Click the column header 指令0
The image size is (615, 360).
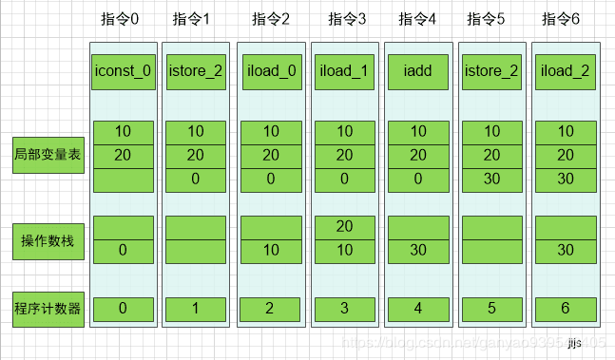(x=123, y=19)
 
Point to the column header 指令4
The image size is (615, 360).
(x=418, y=19)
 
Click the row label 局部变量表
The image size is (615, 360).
(x=47, y=153)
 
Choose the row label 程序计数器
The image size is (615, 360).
(x=47, y=308)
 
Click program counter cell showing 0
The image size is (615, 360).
(x=123, y=308)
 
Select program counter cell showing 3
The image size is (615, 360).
(x=344, y=308)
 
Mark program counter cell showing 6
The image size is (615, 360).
(x=565, y=308)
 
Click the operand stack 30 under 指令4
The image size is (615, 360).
(x=418, y=250)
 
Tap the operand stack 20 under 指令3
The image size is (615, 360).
(x=344, y=227)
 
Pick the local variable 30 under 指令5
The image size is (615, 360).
(x=491, y=179)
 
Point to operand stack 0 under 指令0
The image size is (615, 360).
(x=123, y=250)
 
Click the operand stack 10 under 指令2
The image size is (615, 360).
(x=271, y=250)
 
